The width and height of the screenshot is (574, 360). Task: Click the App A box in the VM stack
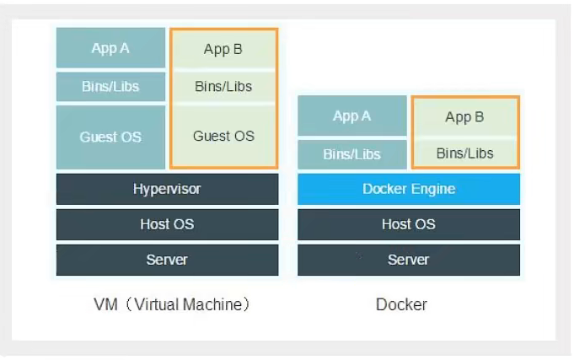110,48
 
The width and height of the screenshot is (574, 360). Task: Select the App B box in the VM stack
223,49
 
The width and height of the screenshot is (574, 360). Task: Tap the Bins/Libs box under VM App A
110,86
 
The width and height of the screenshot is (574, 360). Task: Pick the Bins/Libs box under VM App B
223,86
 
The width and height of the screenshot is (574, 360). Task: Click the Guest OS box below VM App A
110,137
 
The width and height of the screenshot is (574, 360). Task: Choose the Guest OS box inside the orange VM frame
223,136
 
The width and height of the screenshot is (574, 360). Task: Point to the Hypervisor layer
167,189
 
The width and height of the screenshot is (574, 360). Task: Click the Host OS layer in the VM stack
167,224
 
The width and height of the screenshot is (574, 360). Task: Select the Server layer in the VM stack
167,260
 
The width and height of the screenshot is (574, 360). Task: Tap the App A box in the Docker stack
351,116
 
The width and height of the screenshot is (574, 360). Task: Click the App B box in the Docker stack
464,117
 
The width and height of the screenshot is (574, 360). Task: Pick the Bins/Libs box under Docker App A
351,154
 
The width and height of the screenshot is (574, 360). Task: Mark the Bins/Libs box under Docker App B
464,153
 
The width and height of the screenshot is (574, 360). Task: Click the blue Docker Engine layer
408,189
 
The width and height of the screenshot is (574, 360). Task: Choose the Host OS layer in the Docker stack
408,224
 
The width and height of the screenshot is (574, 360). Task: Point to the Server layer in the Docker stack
408,260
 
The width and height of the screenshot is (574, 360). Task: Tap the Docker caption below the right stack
401,304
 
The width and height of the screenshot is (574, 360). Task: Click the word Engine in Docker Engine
433,189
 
